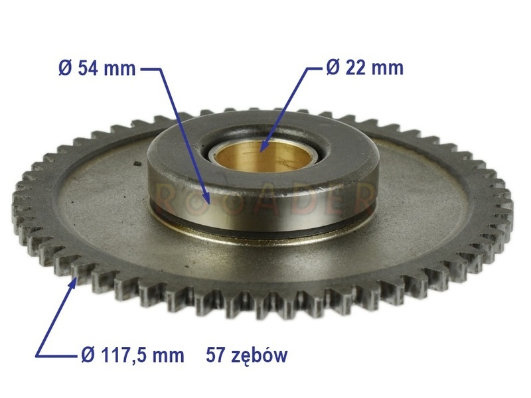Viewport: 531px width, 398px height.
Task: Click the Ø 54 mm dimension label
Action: [97, 68]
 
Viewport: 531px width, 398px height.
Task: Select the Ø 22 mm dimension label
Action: [364, 68]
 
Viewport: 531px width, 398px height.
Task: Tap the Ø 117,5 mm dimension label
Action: [133, 356]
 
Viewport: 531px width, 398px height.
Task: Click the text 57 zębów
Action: [246, 356]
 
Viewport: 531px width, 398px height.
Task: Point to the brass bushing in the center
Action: [264, 157]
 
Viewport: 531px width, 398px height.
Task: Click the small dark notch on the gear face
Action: [137, 164]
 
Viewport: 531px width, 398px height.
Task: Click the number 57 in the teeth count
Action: [216, 355]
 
